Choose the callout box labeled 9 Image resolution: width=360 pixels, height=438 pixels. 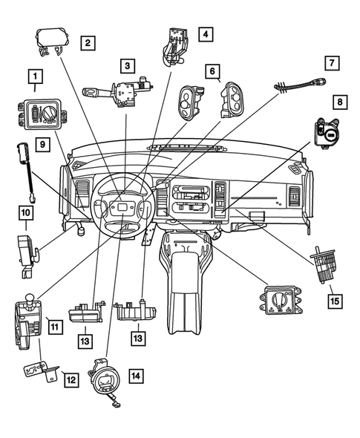pyautogui.click(x=42, y=143)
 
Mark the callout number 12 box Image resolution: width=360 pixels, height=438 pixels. pyautogui.click(x=71, y=379)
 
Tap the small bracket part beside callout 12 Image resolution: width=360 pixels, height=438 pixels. pyautogui.click(x=37, y=369)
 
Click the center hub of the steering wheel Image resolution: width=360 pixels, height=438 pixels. pyautogui.click(x=119, y=211)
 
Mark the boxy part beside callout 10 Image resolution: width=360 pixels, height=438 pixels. pyautogui.click(x=27, y=249)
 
